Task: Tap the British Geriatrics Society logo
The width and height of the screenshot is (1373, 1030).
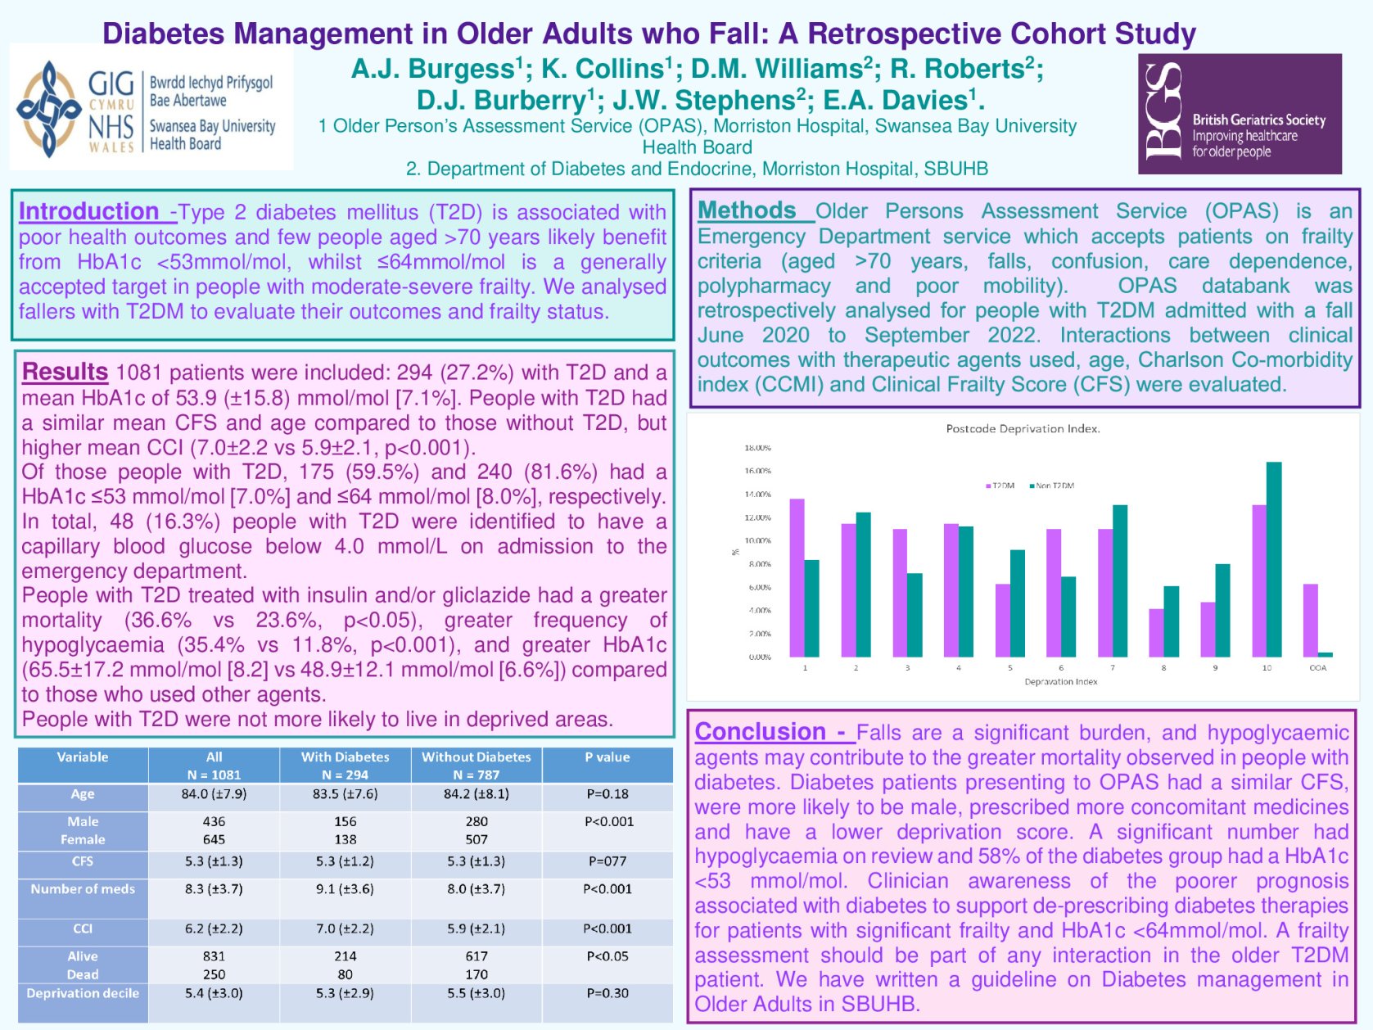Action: click(x=1239, y=114)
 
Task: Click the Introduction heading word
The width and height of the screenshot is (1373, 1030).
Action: click(x=88, y=211)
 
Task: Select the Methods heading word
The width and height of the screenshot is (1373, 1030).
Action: click(x=746, y=210)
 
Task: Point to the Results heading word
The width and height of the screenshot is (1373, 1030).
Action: click(x=65, y=372)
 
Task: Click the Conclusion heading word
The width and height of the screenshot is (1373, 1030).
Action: click(x=760, y=731)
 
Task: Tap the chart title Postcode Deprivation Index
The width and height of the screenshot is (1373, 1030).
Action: click(x=1023, y=429)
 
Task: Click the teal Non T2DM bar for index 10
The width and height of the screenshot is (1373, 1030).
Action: click(x=1274, y=559)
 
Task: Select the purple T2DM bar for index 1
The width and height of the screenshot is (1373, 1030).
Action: click(x=797, y=577)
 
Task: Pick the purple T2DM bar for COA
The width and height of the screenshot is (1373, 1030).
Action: click(x=1310, y=620)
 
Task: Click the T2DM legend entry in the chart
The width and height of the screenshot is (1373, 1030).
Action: click(x=1000, y=486)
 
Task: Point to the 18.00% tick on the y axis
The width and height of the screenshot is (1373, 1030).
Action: click(x=757, y=448)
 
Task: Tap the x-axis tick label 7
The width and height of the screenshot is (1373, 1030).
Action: click(x=1113, y=668)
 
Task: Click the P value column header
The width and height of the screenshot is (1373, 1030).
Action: click(x=607, y=757)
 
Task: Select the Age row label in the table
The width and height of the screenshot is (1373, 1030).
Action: click(x=83, y=794)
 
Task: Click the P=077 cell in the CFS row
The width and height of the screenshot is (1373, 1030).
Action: click(x=607, y=861)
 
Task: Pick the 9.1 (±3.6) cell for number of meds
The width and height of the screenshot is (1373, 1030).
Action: click(x=345, y=888)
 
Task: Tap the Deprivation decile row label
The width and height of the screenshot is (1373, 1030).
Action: click(x=83, y=993)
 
